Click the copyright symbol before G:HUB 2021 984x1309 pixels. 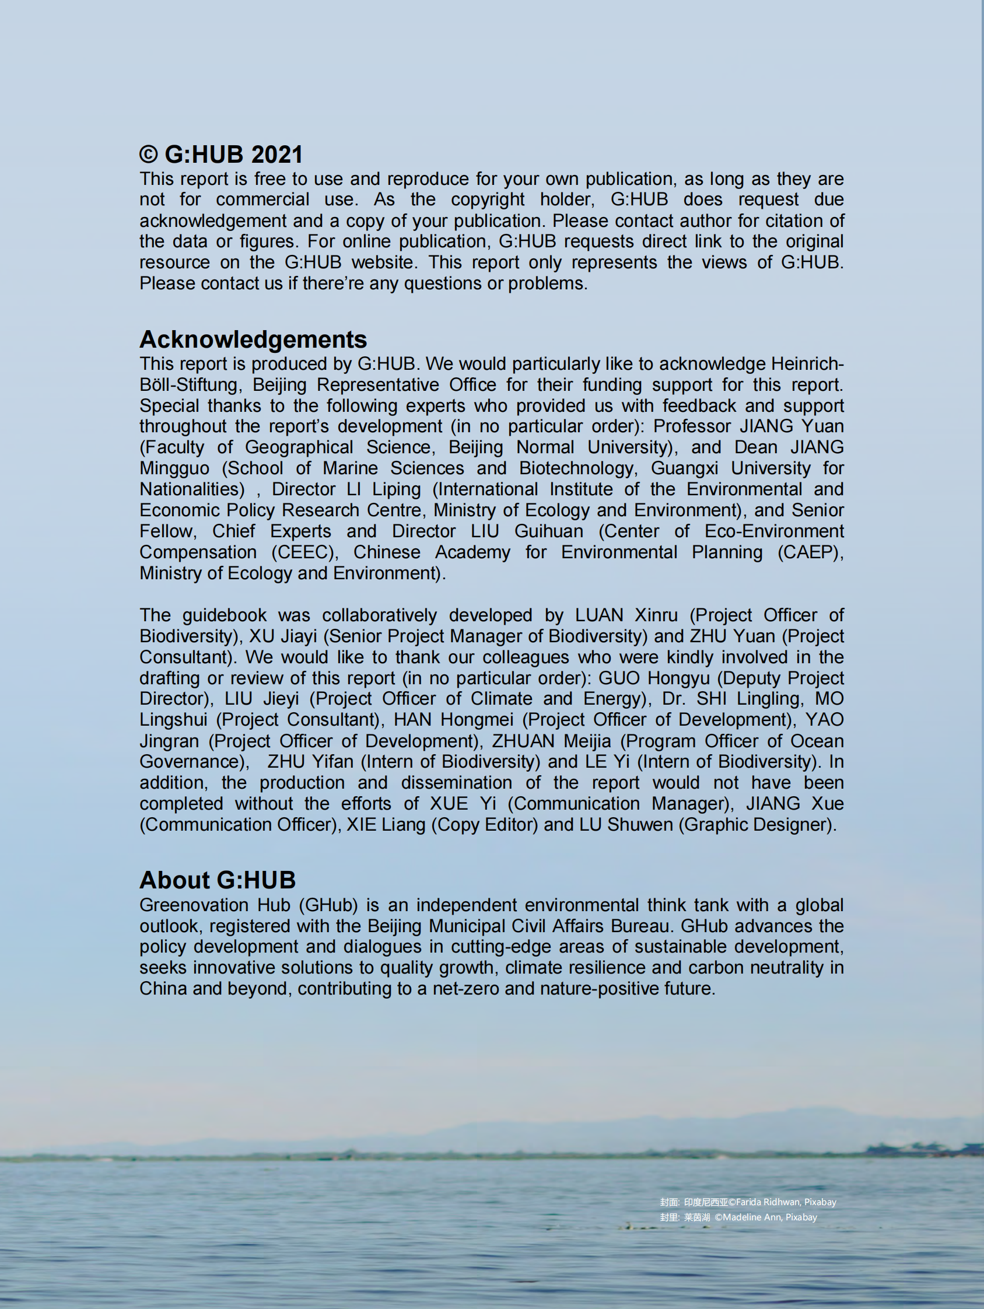[x=148, y=155]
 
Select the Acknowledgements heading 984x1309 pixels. [x=253, y=339]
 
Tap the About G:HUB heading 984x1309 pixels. [x=217, y=880]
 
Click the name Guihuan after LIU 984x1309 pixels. [x=548, y=531]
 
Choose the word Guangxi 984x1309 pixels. [x=685, y=468]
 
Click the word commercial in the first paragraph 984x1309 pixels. [x=262, y=199]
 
